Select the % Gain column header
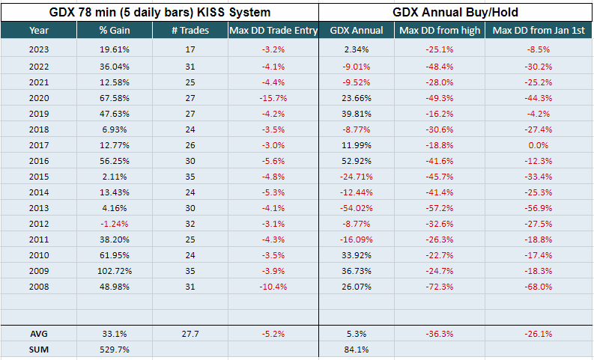coord(114,31)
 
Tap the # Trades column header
coord(190,31)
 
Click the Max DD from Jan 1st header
coord(539,31)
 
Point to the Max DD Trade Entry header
coord(273,31)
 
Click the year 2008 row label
coord(38,287)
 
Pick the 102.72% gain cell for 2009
coord(114,271)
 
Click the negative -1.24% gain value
coord(114,224)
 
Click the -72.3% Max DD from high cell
coord(440,287)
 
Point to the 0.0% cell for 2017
coord(539,145)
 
